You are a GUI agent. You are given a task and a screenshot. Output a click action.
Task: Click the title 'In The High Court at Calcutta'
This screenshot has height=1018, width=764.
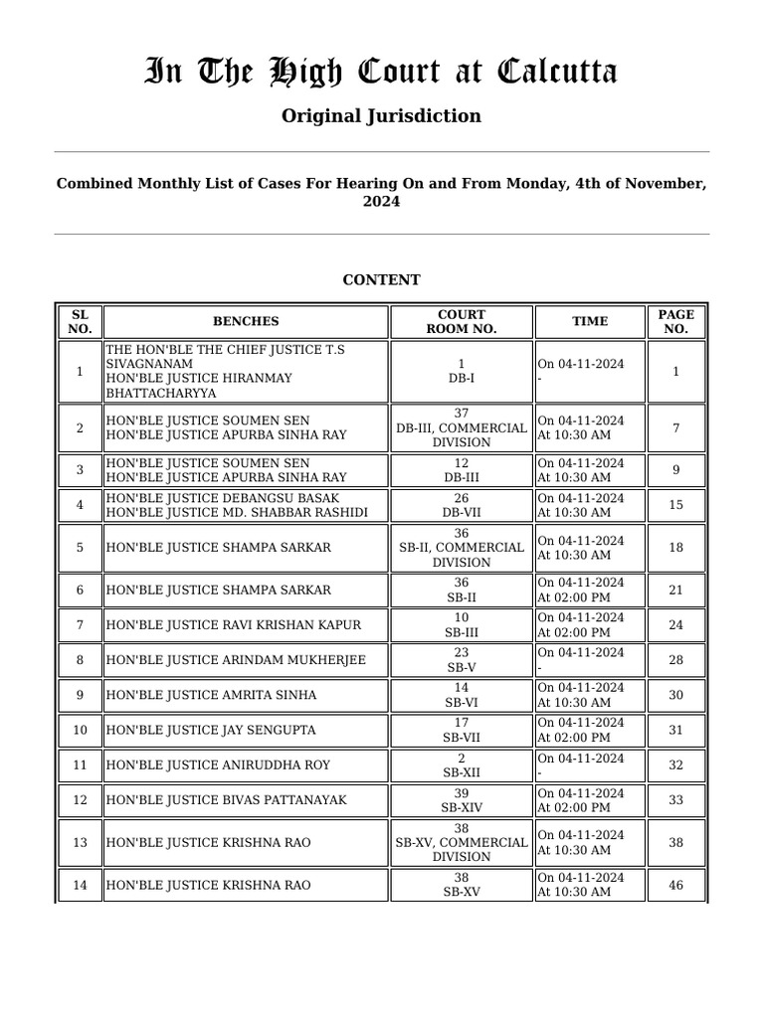381,72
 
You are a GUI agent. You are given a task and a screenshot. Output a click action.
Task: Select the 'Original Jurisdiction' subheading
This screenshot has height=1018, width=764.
381,116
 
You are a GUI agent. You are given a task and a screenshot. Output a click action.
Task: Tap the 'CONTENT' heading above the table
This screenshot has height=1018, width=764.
381,280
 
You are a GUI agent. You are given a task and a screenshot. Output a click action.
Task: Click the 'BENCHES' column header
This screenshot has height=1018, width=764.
246,321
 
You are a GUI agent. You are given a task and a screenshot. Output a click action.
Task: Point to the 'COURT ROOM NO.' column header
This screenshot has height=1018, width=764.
462,321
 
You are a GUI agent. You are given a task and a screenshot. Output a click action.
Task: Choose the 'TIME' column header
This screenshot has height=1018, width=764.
589,321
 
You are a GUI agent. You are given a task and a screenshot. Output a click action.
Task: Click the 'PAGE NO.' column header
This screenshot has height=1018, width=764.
675,321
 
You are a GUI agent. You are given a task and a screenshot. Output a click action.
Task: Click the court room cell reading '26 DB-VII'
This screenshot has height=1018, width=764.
462,505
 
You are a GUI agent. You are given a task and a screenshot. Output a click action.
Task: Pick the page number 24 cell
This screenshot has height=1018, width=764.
675,625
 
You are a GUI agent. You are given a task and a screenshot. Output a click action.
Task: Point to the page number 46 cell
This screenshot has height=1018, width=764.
675,885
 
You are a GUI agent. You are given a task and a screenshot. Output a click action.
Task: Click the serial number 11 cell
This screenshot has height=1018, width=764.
81,765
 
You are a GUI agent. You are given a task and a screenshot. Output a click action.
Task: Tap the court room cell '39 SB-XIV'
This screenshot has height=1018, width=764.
462,800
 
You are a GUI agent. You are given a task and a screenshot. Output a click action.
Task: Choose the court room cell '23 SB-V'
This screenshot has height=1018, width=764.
462,660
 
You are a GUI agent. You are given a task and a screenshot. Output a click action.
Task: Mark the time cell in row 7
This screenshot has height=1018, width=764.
589,625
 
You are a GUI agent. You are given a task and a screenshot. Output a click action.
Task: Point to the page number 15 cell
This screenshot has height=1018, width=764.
675,505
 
